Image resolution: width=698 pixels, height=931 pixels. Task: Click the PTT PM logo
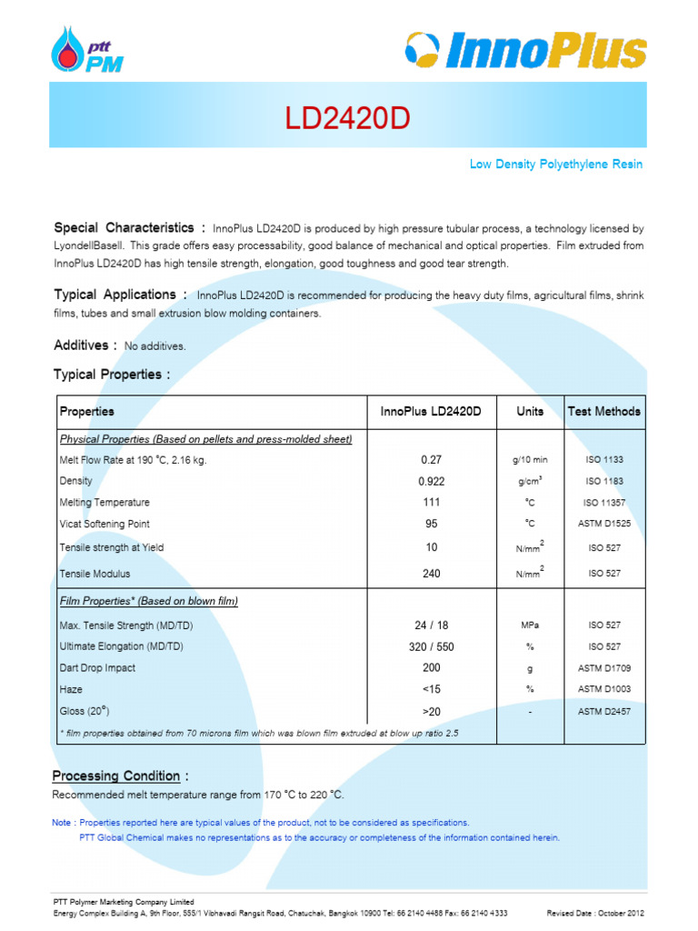89,51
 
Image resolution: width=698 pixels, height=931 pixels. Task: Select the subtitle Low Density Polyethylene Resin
555,165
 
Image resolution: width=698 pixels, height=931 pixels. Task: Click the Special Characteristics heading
129,227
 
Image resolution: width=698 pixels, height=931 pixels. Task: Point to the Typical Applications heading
120,295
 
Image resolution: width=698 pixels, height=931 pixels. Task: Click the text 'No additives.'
155,346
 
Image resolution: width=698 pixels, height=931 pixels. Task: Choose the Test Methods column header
603,411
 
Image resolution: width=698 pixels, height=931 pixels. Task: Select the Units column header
530,411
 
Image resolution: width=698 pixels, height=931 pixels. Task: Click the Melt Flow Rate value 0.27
431,460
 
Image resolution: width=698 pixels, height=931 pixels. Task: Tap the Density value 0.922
431,481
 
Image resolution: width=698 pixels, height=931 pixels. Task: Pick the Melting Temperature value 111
431,502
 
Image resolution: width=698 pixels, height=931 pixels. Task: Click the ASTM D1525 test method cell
604,525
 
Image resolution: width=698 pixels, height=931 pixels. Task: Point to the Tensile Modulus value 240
431,574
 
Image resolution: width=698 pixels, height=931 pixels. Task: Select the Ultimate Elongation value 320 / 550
431,646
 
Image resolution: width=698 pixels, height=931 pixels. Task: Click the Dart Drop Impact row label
97,668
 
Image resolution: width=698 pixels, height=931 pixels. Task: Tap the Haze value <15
431,689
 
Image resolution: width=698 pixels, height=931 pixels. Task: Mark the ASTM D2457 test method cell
604,712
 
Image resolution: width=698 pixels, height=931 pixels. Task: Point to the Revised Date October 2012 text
596,913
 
